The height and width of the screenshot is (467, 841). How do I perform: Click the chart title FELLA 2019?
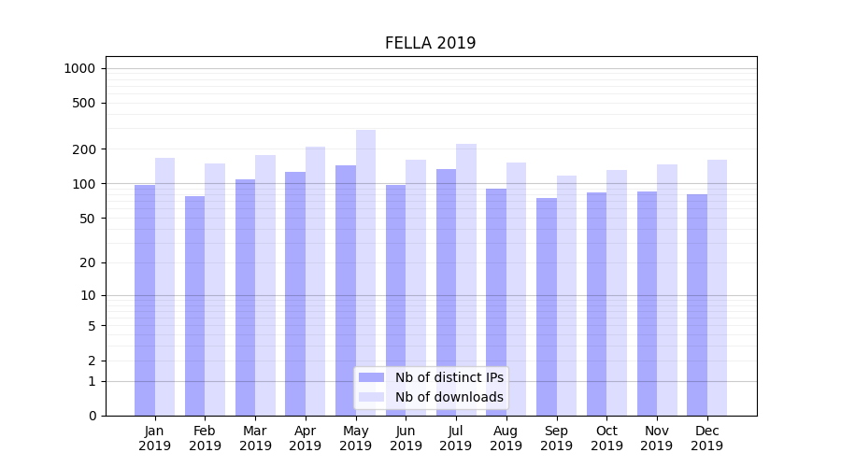430,43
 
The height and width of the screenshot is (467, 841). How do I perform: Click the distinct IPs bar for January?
145,300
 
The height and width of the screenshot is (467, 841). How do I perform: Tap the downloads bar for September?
566,295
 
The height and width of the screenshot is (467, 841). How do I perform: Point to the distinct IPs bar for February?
194,305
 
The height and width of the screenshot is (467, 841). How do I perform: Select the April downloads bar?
315,281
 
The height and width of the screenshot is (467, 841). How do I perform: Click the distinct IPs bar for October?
596,304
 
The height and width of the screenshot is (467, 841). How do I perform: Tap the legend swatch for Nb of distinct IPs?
372,377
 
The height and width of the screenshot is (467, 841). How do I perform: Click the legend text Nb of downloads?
449,397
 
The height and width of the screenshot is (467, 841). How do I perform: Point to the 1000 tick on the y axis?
79,68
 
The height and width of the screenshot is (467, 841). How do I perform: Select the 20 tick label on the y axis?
89,262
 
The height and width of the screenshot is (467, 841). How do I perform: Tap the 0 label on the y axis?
92,416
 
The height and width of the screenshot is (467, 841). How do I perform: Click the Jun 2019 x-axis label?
406,438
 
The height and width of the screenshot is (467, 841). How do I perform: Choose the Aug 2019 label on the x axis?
506,438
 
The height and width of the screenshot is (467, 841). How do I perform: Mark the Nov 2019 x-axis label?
657,438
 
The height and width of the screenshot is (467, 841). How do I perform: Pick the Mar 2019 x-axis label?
255,438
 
